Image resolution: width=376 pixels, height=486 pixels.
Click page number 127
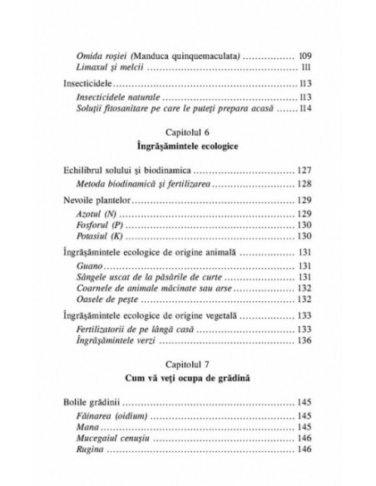309,169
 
